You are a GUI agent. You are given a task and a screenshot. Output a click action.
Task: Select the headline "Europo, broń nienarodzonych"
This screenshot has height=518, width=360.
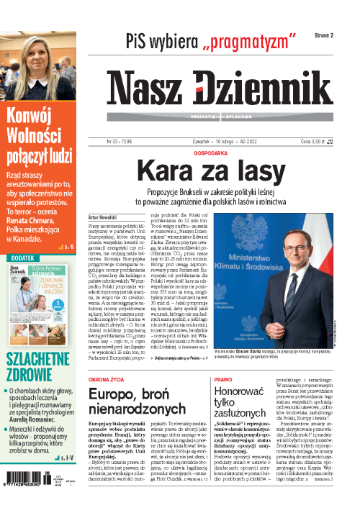pyautogui.click(x=132, y=405)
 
